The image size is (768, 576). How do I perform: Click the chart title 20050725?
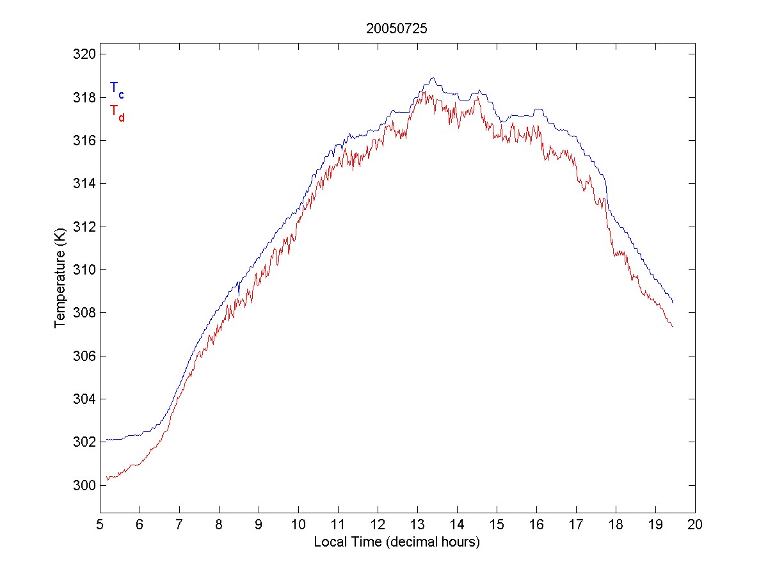click(x=396, y=29)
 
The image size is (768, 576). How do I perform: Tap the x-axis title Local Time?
click(x=396, y=542)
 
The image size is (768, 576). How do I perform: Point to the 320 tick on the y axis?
click(x=83, y=54)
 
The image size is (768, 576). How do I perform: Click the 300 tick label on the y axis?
click(x=83, y=485)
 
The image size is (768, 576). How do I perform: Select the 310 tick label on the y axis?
click(x=83, y=269)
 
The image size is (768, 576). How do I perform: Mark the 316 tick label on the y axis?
click(x=83, y=140)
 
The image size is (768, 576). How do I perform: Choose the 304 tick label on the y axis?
click(x=83, y=399)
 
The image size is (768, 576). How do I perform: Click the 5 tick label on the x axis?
click(x=100, y=524)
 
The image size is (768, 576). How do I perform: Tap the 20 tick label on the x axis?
click(x=695, y=524)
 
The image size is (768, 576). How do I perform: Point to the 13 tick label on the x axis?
click(x=417, y=524)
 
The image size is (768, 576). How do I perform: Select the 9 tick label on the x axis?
click(x=259, y=524)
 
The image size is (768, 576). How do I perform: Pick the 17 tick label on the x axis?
click(x=576, y=524)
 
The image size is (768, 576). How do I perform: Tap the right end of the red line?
click(x=673, y=327)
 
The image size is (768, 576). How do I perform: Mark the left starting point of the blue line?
click(x=107, y=440)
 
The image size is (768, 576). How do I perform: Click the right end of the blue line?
click(x=673, y=303)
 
